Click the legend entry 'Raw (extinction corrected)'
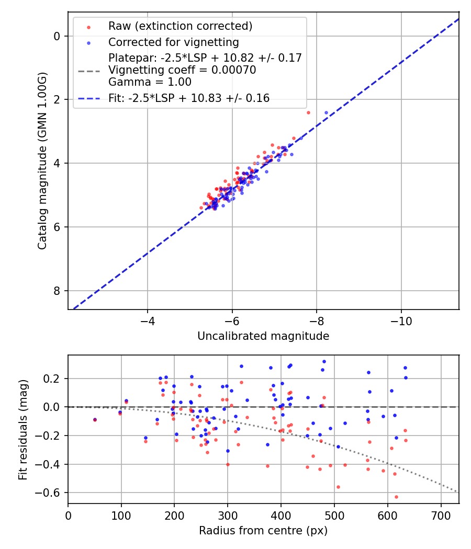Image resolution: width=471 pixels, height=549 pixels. [x=180, y=26]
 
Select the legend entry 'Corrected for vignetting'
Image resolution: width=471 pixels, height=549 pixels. [x=173, y=42]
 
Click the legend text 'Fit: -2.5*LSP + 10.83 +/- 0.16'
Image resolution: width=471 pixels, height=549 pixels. [x=189, y=98]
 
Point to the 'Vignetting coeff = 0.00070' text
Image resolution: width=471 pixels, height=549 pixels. [x=182, y=70]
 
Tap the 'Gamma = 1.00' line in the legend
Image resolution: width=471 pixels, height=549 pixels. [x=150, y=82]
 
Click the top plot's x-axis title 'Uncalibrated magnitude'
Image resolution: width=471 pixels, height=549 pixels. [x=263, y=336]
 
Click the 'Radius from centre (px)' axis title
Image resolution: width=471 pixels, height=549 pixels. [x=263, y=531]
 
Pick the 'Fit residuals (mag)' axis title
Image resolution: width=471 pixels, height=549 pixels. [x=23, y=429]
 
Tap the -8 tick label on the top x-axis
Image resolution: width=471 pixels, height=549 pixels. [x=317, y=319]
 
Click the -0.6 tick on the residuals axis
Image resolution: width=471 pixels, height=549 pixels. [x=52, y=493]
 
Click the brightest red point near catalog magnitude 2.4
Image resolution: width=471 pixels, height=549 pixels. [x=308, y=112]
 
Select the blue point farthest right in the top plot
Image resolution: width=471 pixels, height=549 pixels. [x=326, y=112]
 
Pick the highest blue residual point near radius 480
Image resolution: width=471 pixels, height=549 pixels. [x=324, y=361]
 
